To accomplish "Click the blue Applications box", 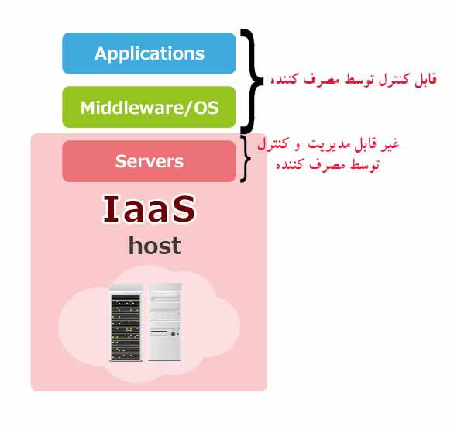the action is coord(149,53).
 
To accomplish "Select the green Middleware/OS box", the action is coord(149,107).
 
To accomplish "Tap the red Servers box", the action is coord(149,161).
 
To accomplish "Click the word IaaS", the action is coord(150,209).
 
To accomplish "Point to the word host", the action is coord(155,246).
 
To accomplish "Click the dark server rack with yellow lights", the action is coord(126,322).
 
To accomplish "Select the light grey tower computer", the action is coord(164,322).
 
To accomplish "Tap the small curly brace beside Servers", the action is coord(246,159).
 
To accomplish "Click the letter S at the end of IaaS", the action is coord(184,209).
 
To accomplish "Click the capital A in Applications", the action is coord(100,53).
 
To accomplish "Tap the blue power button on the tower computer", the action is coord(173,334).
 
